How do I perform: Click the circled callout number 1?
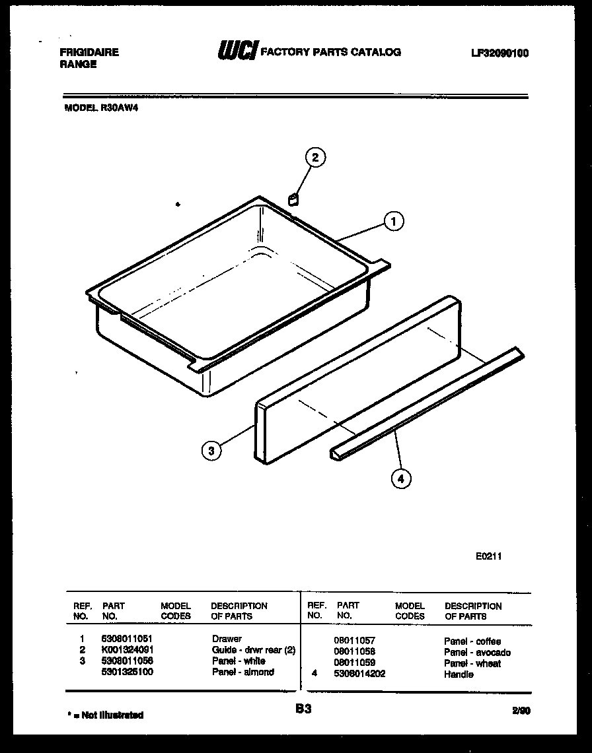[x=394, y=222]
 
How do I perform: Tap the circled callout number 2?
[x=315, y=157]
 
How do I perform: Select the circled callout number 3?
[x=211, y=451]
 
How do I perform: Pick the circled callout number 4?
[x=399, y=479]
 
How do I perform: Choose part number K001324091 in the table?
[x=128, y=650]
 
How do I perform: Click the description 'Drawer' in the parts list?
[x=227, y=639]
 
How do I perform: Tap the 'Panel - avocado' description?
[x=477, y=653]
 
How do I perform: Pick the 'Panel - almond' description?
[x=242, y=672]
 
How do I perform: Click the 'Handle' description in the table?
[x=459, y=674]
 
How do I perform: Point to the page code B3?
[x=303, y=709]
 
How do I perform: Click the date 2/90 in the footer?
[x=520, y=711]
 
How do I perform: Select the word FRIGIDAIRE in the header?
[x=90, y=52]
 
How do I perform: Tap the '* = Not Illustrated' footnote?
[x=106, y=715]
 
